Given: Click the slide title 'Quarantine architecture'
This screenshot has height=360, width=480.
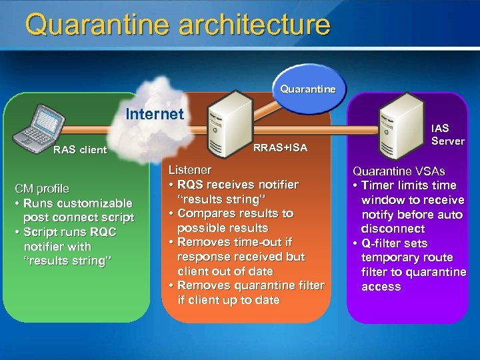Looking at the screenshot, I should [177, 25].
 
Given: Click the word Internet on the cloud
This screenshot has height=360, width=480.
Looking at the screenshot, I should [155, 114].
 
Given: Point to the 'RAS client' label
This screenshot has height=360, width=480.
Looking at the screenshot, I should [80, 150].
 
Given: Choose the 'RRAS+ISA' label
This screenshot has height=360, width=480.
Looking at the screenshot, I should [281, 148].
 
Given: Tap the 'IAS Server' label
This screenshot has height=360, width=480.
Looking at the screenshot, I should [447, 134].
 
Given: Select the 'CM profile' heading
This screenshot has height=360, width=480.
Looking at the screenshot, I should [43, 189].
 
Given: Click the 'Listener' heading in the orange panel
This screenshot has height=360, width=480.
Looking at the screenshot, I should [189, 170].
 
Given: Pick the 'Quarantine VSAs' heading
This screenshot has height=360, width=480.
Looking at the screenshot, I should [399, 171].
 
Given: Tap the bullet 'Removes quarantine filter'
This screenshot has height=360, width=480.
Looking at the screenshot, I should [246, 293].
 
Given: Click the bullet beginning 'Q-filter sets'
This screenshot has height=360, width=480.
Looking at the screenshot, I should [409, 265].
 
